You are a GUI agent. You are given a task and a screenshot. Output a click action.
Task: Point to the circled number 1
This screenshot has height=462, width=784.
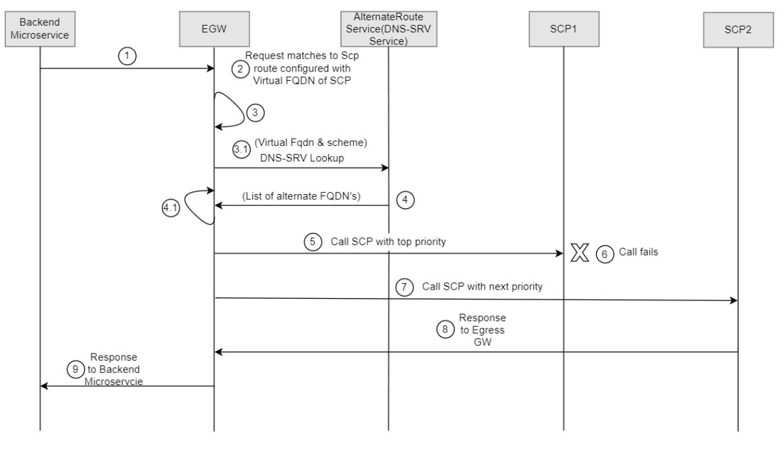point(128,56)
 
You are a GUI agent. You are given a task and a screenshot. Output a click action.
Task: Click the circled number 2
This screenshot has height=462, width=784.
point(240,70)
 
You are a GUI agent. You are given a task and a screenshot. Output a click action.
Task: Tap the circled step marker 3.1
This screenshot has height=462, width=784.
point(240,148)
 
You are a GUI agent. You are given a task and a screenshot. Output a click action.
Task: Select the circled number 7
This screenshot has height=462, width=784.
point(404,287)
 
